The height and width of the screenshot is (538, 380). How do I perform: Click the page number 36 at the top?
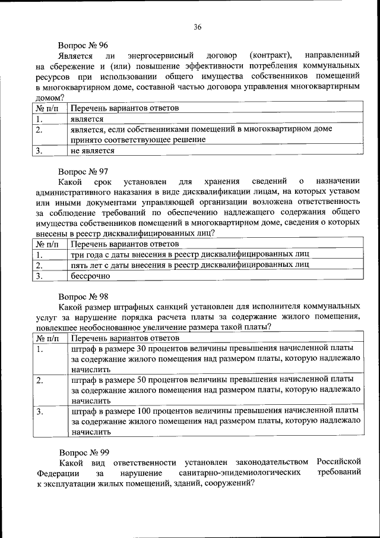pos(198,26)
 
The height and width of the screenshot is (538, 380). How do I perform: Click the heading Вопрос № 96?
pos(83,45)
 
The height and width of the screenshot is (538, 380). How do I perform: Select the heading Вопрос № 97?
pos(83,170)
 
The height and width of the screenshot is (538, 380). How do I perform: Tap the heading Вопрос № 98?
pos(83,295)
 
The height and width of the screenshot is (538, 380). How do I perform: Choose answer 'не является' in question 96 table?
pos(92,151)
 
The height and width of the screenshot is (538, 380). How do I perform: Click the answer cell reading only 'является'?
pos(87,119)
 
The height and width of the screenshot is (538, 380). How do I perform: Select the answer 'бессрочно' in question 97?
pos(90,276)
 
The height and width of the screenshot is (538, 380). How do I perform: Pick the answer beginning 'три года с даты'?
pos(189,254)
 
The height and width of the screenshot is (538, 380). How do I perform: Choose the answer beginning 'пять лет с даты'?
pos(189,265)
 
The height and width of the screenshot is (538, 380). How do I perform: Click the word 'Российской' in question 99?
pos(338,462)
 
